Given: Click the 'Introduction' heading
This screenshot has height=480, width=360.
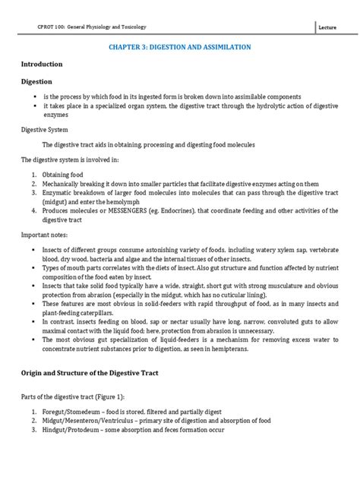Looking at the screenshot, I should tap(42, 65).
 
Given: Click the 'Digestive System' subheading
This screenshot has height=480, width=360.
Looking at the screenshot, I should tap(44, 129).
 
